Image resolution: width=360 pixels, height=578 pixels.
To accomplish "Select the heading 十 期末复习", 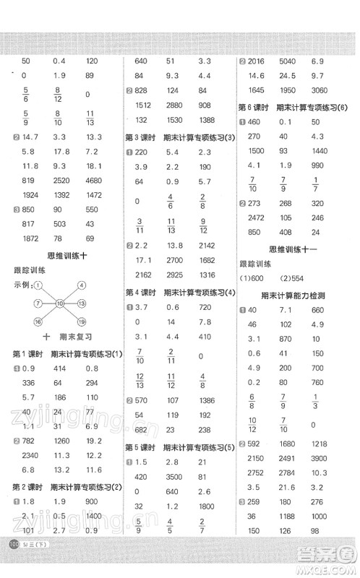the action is tap(61, 336).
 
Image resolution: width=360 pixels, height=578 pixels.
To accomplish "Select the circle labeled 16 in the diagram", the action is tap(37, 320).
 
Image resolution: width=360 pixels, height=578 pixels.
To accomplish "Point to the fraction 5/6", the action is tap(25, 93).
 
